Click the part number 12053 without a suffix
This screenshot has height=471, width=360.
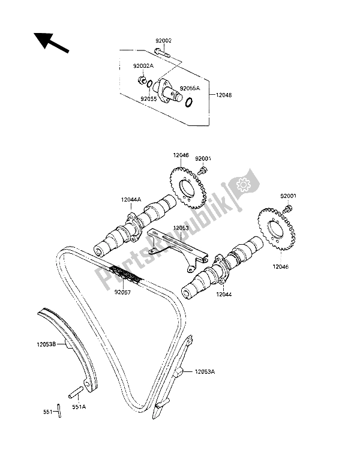[x=182, y=228]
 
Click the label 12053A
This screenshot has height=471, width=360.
[x=205, y=373]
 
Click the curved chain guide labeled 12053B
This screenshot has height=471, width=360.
[x=66, y=342]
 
